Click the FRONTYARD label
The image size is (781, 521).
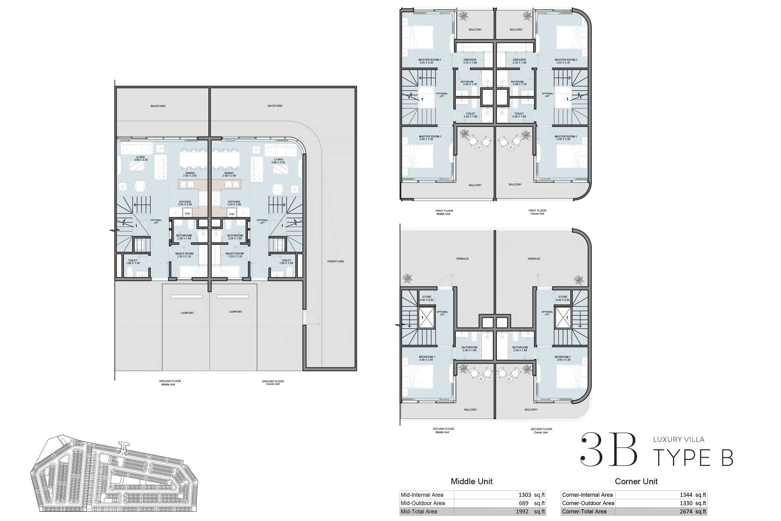point(335,261)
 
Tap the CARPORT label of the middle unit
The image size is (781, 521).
point(187,313)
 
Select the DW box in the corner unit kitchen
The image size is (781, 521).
point(232,214)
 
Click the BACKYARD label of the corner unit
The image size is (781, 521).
point(275,106)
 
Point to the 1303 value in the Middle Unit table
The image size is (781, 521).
point(525,495)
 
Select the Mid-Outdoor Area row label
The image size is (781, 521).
point(423,503)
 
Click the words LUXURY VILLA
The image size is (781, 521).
point(679,440)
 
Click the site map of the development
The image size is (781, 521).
point(113,474)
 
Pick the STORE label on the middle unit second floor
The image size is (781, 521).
point(427,297)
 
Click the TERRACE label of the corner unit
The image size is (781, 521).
point(534,259)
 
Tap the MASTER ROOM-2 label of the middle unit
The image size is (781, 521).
point(429,60)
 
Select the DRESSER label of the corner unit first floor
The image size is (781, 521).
point(519,60)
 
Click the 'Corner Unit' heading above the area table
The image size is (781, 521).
point(636,481)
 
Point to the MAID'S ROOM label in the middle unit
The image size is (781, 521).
point(184,254)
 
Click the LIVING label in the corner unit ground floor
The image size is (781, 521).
point(278,160)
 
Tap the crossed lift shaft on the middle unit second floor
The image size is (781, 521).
point(427,318)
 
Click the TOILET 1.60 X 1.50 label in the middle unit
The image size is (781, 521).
point(132,261)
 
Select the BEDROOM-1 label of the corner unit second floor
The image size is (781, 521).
point(562,357)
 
